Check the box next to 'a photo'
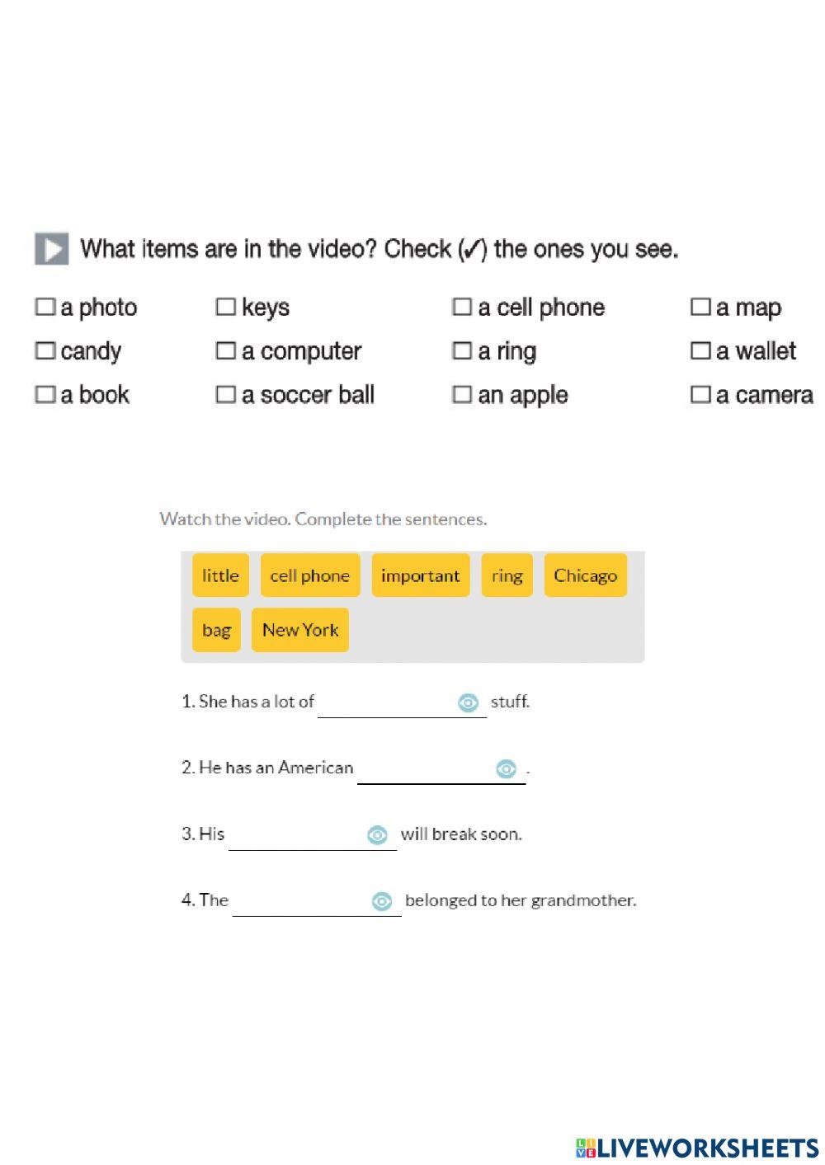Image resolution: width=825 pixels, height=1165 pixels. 45,308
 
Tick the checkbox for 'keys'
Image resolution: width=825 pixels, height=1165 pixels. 225,308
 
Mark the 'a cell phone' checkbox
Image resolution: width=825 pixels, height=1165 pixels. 462,308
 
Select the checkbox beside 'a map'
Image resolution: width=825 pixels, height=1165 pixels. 700,308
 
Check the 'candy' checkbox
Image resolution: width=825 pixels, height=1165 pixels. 45,351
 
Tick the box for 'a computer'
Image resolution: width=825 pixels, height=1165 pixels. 225,351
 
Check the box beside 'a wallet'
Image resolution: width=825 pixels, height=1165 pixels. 700,351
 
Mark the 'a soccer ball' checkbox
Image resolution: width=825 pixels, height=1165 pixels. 225,395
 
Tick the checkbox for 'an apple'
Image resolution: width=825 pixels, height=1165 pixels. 462,395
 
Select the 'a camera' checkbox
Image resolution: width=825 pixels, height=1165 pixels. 700,395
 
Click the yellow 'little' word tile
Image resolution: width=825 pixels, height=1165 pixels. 220,575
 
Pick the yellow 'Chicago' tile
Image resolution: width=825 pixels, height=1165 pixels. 585,575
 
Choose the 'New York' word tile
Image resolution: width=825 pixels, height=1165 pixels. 300,630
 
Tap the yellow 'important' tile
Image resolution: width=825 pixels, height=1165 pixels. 420,575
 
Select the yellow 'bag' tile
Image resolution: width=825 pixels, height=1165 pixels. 216,630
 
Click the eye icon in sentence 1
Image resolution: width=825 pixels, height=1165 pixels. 468,702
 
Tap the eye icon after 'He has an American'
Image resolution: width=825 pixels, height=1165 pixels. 506,768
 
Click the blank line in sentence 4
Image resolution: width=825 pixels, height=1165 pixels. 301,903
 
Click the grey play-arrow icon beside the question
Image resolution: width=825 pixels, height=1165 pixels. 52,249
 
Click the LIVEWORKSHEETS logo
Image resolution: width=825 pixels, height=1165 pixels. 697,1148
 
